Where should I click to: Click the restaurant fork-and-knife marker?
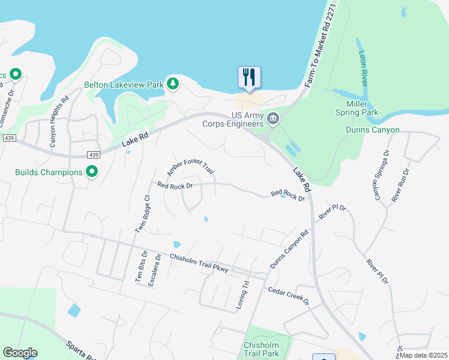click(x=249, y=77)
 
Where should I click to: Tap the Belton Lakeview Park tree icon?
click(x=173, y=83)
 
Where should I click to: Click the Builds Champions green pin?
click(x=92, y=172)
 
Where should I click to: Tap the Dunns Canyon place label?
click(x=372, y=130)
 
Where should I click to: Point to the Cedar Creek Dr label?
click(x=288, y=295)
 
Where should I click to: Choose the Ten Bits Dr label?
click(x=139, y=268)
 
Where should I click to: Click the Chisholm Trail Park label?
click(x=270, y=350)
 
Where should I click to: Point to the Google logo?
click(x=20, y=353)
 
